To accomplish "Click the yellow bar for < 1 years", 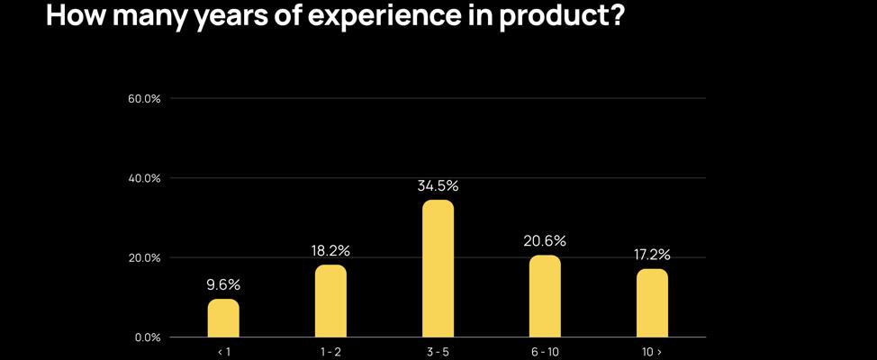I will pyautogui.click(x=223, y=319).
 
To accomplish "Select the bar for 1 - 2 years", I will pyautogui.click(x=330, y=301).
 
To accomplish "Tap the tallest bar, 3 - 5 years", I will pyautogui.click(x=438, y=269).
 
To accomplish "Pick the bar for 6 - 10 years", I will pyautogui.click(x=545, y=297).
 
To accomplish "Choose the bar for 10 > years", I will pyautogui.click(x=652, y=303).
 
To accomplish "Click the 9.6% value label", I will pyautogui.click(x=223, y=285).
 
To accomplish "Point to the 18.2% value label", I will pyautogui.click(x=330, y=250).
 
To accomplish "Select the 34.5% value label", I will pyautogui.click(x=438, y=186).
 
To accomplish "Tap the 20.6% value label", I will pyautogui.click(x=545, y=241).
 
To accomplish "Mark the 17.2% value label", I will pyautogui.click(x=652, y=255).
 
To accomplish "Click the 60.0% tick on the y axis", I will pyautogui.click(x=145, y=98).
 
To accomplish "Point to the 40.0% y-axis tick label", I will pyautogui.click(x=145, y=178).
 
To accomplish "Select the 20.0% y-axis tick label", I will pyautogui.click(x=145, y=258).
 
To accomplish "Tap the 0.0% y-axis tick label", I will pyautogui.click(x=148, y=337).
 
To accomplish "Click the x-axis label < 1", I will pyautogui.click(x=223, y=352).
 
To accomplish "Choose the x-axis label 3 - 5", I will pyautogui.click(x=438, y=352).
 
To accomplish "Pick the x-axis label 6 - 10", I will pyautogui.click(x=545, y=352).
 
